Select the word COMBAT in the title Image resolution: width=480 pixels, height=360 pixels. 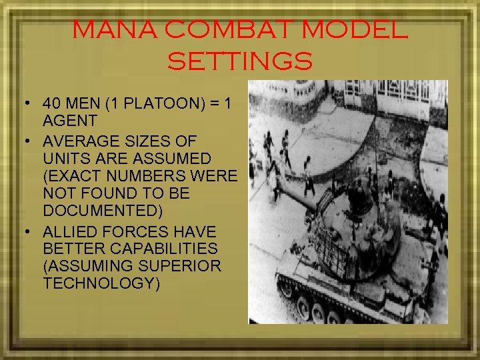click(221, 31)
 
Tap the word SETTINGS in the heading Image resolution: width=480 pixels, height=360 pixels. click(240, 62)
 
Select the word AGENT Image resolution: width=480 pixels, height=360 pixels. click(70, 121)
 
